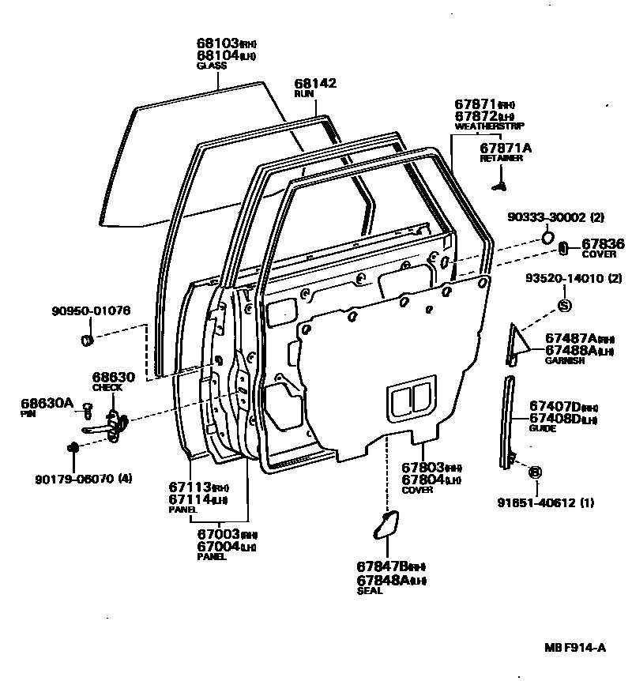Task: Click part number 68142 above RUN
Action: (x=315, y=83)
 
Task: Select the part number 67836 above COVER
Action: (x=603, y=244)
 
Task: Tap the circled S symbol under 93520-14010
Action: (x=565, y=307)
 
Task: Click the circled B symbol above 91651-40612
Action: (x=535, y=472)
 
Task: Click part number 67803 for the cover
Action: (x=423, y=468)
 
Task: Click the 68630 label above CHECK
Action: (x=113, y=378)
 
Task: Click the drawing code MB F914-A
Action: (x=574, y=648)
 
